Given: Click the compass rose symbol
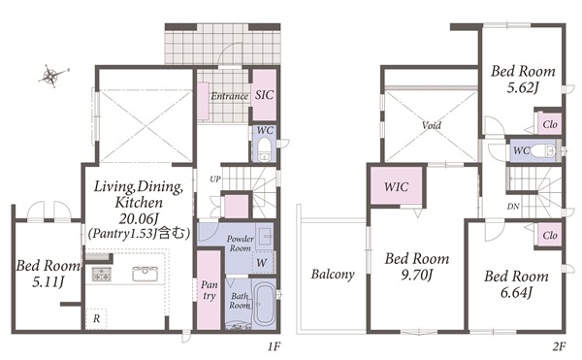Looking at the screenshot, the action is click(52, 76).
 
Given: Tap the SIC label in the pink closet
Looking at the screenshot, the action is click(264, 95).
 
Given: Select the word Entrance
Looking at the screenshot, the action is click(229, 96).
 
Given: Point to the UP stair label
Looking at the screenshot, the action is click(215, 180).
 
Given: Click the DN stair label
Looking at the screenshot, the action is click(513, 207).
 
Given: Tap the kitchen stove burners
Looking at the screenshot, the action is click(101, 275).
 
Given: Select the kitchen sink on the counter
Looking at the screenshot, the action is click(145, 274).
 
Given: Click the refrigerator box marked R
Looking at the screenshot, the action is click(96, 318).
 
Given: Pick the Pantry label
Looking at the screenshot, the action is click(209, 290).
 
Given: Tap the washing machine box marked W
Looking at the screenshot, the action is click(263, 262).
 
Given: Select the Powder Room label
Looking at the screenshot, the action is click(241, 244).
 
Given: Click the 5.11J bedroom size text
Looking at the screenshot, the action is click(48, 282).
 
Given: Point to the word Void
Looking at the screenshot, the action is click(432, 125).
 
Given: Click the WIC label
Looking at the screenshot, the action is click(397, 186).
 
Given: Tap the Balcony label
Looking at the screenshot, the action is click(333, 275).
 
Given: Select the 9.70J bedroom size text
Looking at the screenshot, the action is click(417, 275).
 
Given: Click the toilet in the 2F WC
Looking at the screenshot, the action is click(543, 151).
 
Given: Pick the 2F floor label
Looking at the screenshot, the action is click(559, 347).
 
